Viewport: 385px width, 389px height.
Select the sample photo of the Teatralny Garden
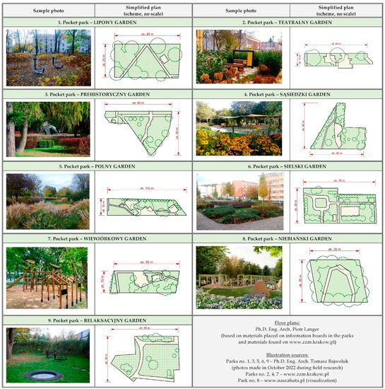click(x=239, y=55)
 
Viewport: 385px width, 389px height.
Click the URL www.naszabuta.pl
click(x=281, y=380)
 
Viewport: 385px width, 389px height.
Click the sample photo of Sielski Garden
click(x=239, y=202)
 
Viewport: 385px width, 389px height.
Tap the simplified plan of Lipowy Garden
click(x=143, y=57)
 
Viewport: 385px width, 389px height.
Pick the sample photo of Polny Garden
click(x=47, y=202)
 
